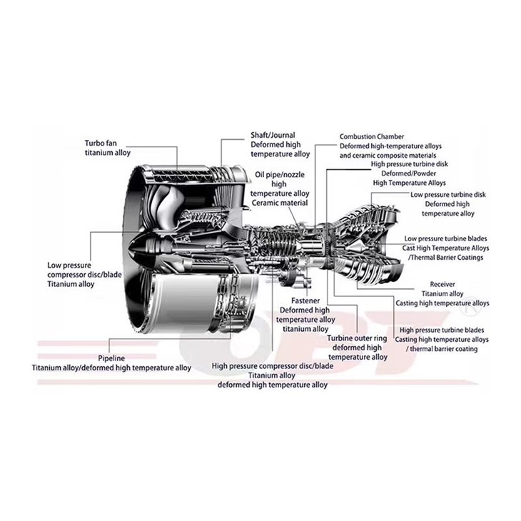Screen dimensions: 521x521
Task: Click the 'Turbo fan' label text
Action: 101,143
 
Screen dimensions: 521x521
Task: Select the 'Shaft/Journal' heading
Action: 273,135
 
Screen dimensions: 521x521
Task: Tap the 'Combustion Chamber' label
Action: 372,136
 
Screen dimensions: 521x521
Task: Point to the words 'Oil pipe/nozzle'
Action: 280,175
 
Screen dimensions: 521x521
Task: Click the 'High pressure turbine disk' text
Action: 410,164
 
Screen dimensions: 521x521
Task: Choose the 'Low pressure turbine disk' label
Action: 448,195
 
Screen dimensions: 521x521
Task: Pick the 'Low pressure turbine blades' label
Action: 445,238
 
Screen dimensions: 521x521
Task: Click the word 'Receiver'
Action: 442,285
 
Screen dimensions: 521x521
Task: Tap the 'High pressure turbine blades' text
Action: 442,330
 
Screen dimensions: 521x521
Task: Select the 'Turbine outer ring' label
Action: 357,338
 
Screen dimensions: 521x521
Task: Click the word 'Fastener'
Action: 305,300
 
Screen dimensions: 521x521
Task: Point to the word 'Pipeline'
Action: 111,358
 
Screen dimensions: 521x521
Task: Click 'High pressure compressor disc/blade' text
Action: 273,366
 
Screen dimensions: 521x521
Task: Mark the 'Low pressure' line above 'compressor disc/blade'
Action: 69,265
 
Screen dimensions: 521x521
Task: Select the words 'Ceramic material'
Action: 280,203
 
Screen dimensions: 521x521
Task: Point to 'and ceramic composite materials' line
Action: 388,156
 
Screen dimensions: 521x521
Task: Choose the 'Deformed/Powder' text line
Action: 409,173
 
